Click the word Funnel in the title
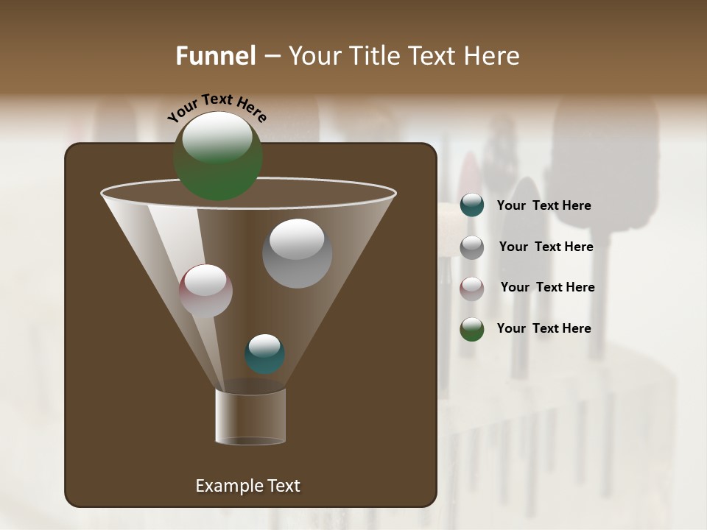coord(216,56)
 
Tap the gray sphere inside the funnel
coord(297,254)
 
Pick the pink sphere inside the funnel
coord(205,291)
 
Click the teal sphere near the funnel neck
coord(264,354)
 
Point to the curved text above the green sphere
coord(217,107)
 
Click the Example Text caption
coord(247,486)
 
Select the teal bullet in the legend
coord(472,205)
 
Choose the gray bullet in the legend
coord(472,247)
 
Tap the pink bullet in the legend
coord(472,289)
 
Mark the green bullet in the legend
coord(472,329)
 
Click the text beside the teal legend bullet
coord(544,206)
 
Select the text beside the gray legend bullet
coord(546,247)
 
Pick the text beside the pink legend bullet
coord(547,288)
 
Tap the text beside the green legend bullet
coord(544,328)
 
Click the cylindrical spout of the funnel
coord(250,417)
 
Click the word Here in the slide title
coord(492,56)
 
